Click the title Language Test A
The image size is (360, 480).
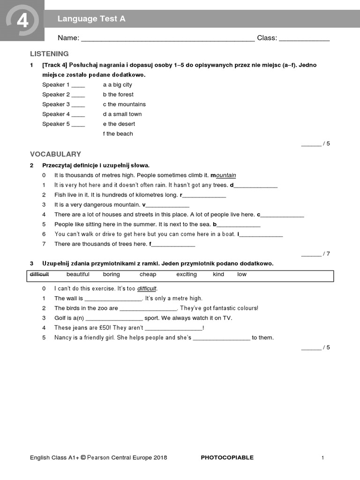91,19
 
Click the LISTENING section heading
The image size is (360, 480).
49,54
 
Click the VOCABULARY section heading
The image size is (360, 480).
55,154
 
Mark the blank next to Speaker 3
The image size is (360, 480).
78,105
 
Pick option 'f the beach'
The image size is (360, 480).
118,134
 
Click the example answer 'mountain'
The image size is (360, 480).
225,175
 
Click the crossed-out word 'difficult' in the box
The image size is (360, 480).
39,274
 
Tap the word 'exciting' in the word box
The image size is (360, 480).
186,274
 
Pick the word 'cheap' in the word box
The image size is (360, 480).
148,274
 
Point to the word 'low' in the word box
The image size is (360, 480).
241,274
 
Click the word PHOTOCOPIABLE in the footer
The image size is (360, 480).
227,457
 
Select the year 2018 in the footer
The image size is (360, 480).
159,457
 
